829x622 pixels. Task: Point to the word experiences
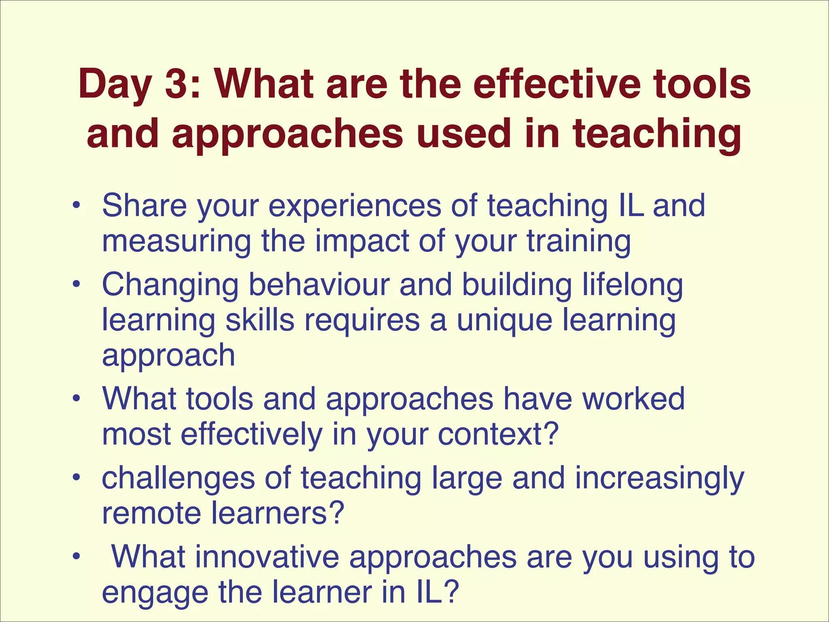click(x=355, y=207)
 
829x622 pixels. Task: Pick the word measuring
click(x=176, y=242)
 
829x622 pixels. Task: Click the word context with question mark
click(x=498, y=434)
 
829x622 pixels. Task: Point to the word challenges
click(x=178, y=479)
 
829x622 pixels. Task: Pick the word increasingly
click(x=659, y=479)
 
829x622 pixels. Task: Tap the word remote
click(x=151, y=513)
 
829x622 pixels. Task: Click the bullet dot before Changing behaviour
click(x=75, y=285)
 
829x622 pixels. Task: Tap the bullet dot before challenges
click(x=75, y=478)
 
